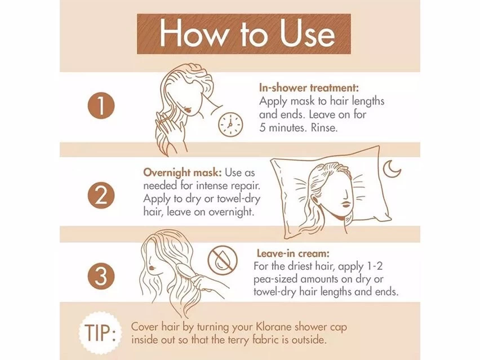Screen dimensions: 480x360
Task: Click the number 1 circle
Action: click(x=101, y=105)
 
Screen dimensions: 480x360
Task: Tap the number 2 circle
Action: click(x=101, y=195)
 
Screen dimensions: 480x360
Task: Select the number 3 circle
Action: click(x=101, y=276)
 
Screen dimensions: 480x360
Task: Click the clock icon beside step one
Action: click(x=230, y=125)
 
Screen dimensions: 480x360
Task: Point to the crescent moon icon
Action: click(x=391, y=168)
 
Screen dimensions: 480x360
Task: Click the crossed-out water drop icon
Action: click(x=222, y=260)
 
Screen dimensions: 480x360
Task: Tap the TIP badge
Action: click(x=100, y=332)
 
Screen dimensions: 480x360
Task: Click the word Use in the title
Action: click(x=308, y=34)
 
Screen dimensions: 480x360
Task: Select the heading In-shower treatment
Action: click(x=309, y=88)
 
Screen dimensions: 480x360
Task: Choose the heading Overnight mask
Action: click(x=183, y=172)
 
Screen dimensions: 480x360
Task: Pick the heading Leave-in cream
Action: click(x=293, y=254)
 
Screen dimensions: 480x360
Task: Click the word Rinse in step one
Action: click(x=324, y=128)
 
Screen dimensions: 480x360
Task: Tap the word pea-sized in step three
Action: click(x=276, y=280)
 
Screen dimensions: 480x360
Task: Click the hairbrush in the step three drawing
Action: click(x=188, y=273)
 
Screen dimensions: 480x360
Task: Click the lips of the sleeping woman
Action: click(x=345, y=204)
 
